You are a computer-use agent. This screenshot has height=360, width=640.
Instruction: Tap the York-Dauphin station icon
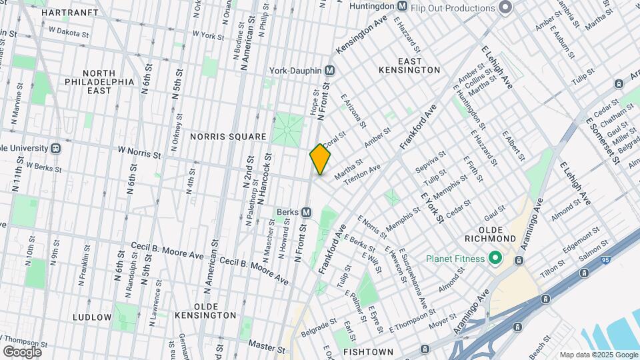[329, 70]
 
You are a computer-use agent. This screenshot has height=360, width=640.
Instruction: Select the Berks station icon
[307, 212]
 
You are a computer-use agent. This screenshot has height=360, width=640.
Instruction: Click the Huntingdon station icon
[402, 6]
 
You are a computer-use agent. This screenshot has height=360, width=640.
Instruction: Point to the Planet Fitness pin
[495, 257]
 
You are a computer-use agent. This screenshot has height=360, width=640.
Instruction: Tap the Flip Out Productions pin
[505, 7]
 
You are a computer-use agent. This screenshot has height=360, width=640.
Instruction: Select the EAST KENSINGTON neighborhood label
[409, 70]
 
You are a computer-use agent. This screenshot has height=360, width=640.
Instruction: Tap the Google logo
[22, 351]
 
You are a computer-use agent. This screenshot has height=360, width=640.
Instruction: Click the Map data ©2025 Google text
[598, 355]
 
